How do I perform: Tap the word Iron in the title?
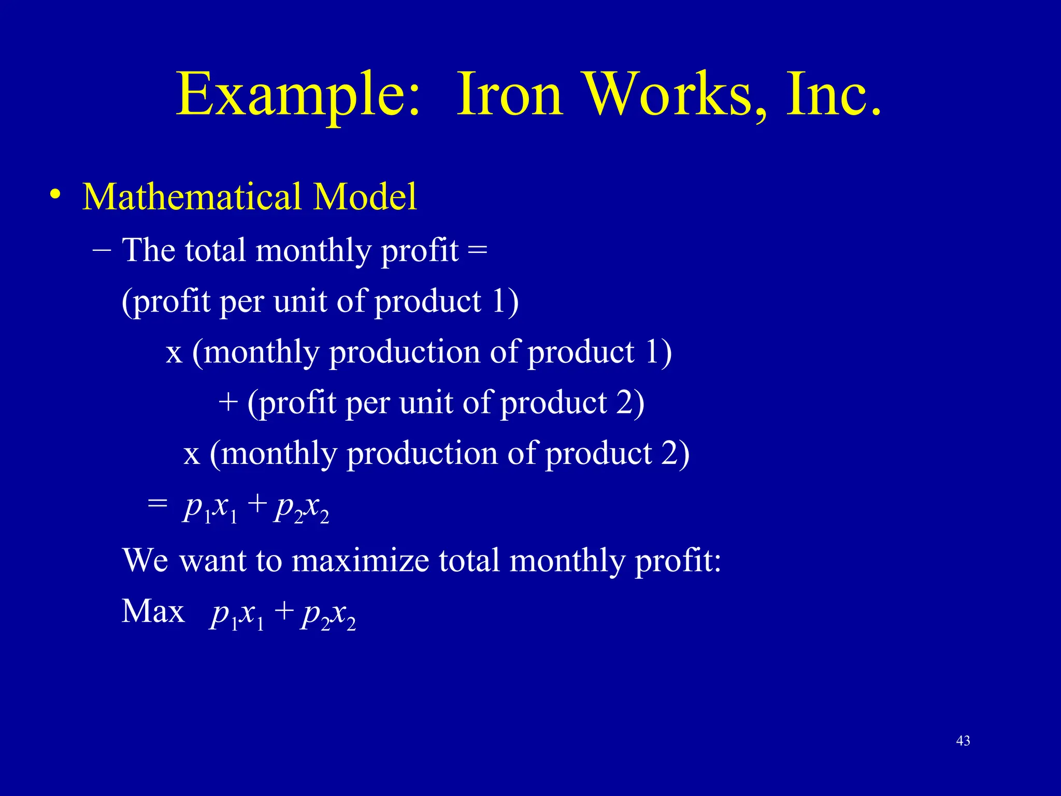[x=510, y=95]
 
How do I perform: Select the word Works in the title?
[x=668, y=95]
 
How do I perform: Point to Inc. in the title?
[x=833, y=95]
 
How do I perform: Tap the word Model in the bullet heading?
[x=366, y=196]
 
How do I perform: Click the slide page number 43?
[x=963, y=741]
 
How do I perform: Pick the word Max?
[x=153, y=611]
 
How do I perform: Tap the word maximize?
[x=361, y=560]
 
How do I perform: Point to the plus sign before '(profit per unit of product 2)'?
[x=228, y=403]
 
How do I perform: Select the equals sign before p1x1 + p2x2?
[x=157, y=504]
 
